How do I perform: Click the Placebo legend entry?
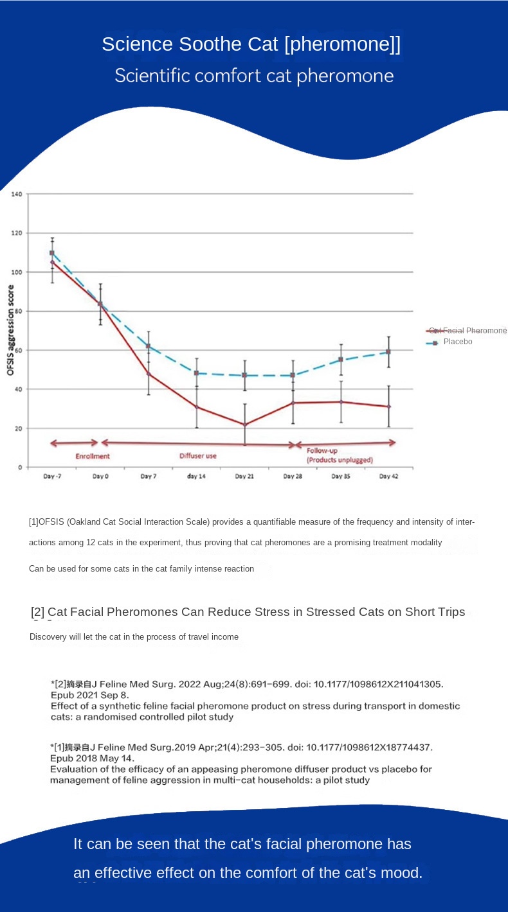457,342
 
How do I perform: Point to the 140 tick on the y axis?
17,194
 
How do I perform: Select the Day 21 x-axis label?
244,477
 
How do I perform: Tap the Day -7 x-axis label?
52,477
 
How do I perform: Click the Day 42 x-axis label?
388,477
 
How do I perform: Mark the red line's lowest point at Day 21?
244,425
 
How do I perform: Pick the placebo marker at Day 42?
388,352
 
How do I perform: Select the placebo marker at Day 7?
149,346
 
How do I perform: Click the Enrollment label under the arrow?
93,456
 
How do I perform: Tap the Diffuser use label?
197,456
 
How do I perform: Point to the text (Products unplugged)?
340,460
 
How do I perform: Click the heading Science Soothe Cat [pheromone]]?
251,44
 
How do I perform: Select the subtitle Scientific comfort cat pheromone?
254,76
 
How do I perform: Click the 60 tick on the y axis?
17,350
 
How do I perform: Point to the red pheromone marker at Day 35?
341,402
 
